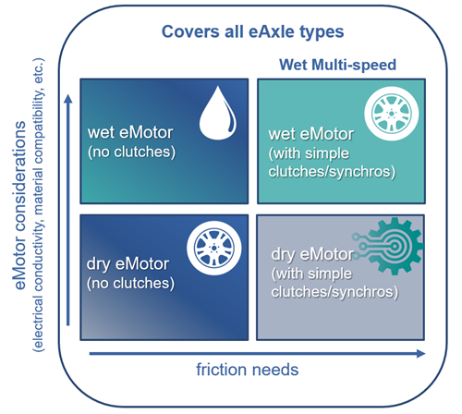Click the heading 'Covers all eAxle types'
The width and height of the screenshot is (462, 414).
click(x=252, y=32)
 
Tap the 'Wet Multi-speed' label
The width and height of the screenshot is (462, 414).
click(x=337, y=65)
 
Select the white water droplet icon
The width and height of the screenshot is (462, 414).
click(x=218, y=113)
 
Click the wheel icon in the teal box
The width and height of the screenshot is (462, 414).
click(x=392, y=114)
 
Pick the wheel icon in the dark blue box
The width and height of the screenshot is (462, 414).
click(x=214, y=248)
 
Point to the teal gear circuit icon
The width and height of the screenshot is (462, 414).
click(x=389, y=246)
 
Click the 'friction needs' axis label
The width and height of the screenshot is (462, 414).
click(x=248, y=370)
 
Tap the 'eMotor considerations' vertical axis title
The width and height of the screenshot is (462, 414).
click(x=20, y=205)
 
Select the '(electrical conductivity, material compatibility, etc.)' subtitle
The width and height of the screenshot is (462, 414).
click(x=39, y=205)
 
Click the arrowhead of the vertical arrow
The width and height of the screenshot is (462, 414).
click(x=68, y=99)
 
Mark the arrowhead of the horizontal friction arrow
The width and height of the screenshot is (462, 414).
click(x=420, y=354)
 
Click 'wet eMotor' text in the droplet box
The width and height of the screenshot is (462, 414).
click(x=130, y=133)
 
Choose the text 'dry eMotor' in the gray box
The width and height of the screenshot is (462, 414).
click(x=312, y=254)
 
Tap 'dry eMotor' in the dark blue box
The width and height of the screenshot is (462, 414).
click(x=128, y=264)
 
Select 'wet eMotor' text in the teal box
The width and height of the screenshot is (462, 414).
click(x=311, y=134)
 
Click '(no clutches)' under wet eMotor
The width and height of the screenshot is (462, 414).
click(x=131, y=152)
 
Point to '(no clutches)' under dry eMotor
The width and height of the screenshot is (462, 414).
click(x=130, y=284)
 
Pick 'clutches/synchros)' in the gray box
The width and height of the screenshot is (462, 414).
click(x=334, y=292)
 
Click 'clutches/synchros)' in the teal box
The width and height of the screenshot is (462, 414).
click(x=332, y=172)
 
